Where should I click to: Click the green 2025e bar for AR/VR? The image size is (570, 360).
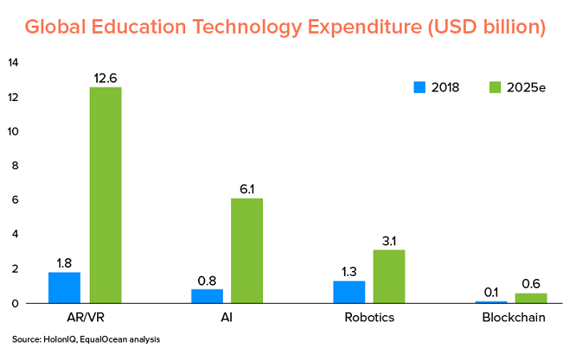click(x=105, y=195)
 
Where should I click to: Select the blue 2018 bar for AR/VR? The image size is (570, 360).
click(x=64, y=288)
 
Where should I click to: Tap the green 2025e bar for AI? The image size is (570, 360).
click(x=246, y=250)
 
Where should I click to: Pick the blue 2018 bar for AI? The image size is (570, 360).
click(x=207, y=296)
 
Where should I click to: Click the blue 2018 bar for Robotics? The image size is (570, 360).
click(x=349, y=292)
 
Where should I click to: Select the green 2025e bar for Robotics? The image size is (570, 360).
click(x=389, y=277)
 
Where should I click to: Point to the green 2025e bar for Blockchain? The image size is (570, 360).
click(x=531, y=298)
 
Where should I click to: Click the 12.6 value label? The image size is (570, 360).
click(x=105, y=79)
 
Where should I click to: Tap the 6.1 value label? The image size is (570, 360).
click(x=246, y=189)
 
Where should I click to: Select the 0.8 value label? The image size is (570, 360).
click(x=206, y=281)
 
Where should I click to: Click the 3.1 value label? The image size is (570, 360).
click(x=389, y=241)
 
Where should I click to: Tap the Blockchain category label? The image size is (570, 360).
click(x=514, y=318)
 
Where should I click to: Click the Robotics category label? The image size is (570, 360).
click(x=370, y=318)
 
